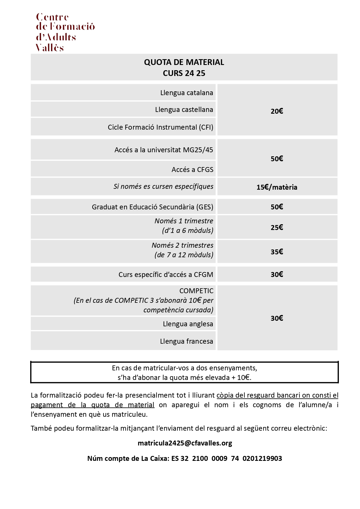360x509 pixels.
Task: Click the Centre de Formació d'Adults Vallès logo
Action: (65, 32)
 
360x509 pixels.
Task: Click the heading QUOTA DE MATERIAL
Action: (184, 62)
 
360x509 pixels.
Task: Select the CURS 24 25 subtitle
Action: (184, 73)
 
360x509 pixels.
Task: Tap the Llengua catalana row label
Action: (186, 93)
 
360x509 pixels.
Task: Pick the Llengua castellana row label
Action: (184, 110)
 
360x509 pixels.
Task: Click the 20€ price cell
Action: (277, 111)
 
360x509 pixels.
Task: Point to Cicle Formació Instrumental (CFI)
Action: (160, 127)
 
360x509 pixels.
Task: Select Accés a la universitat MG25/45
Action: (163, 150)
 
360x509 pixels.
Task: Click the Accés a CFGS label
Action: (192, 170)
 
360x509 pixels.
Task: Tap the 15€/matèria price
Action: (277, 187)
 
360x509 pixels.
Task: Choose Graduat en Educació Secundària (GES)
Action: (152, 207)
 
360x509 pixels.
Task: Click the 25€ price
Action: (277, 227)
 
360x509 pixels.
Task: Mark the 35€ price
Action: (277, 252)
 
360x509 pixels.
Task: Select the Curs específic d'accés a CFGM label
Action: (166, 275)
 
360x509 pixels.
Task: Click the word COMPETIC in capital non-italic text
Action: (196, 291)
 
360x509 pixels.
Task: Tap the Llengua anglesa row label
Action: (188, 324)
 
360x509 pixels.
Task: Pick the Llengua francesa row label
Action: (186, 341)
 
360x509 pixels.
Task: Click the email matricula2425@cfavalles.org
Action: (185, 443)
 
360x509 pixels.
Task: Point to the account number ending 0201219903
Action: (262, 459)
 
